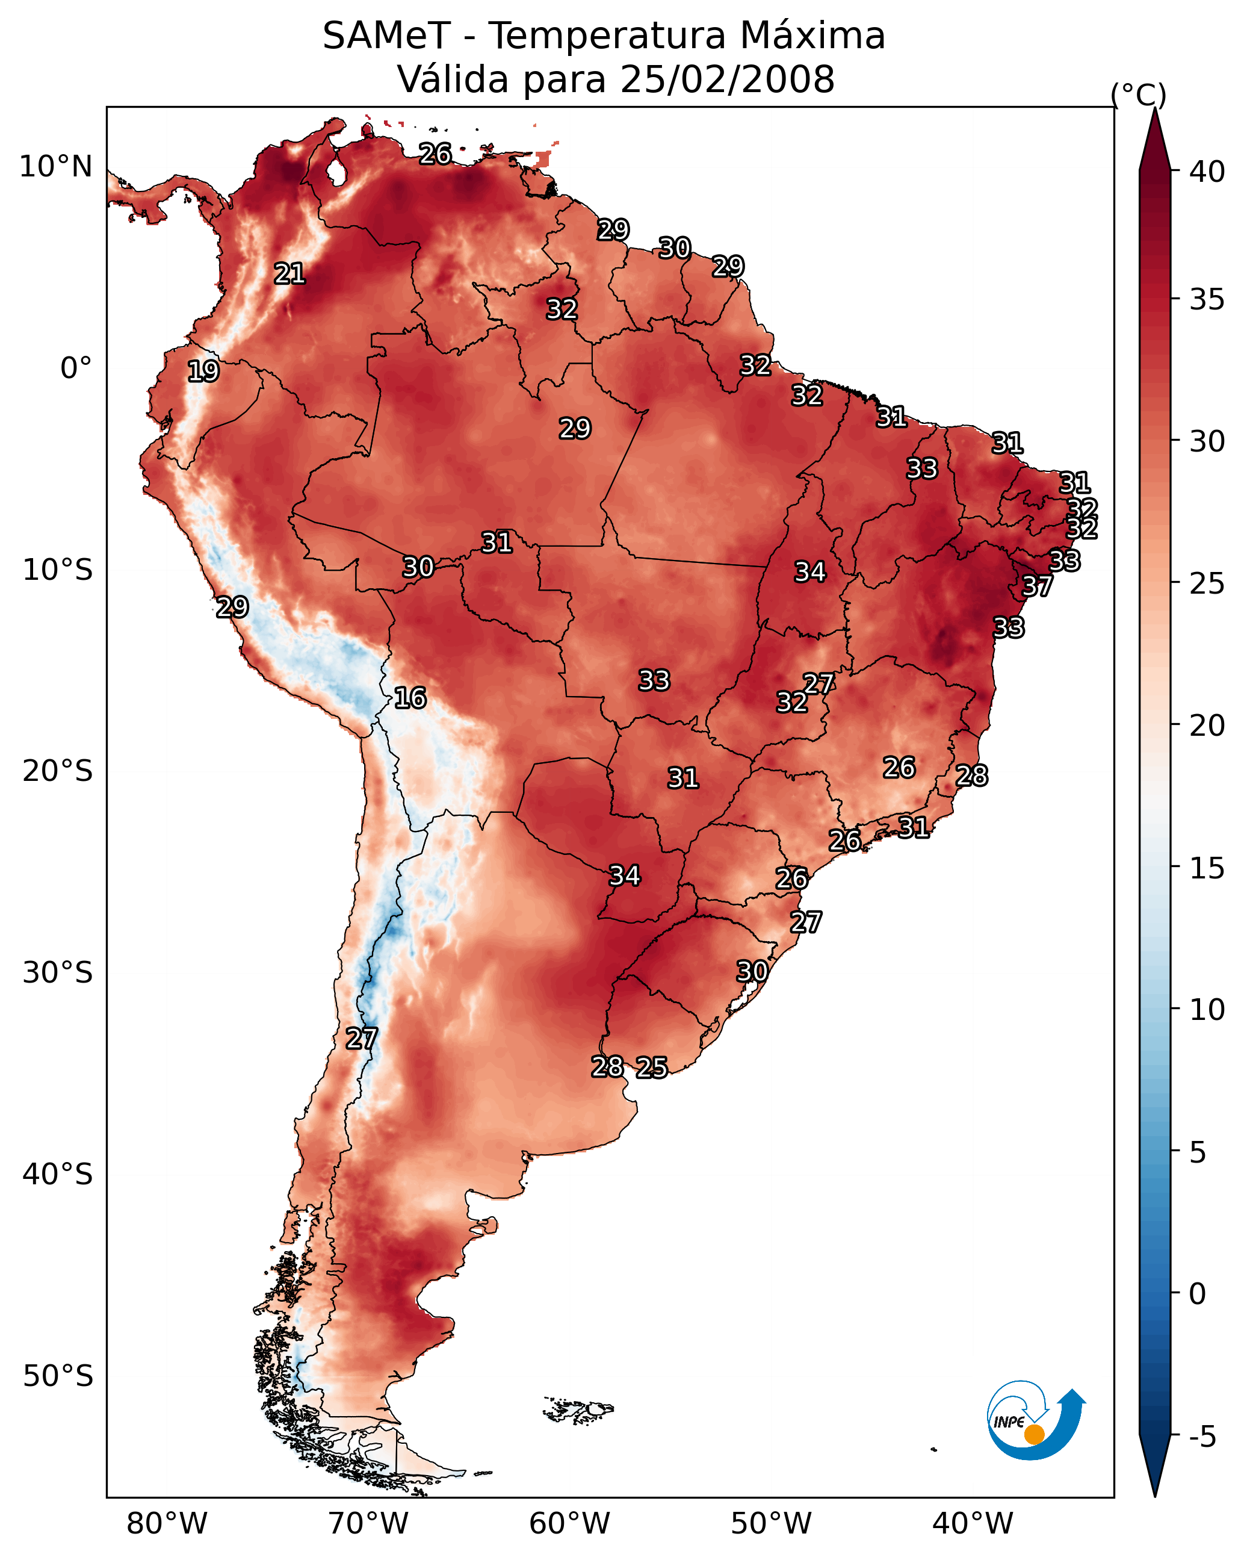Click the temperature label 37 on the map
[1037, 586]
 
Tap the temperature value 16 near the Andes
[410, 698]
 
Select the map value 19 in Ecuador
[203, 371]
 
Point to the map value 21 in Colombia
[289, 274]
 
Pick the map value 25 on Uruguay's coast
[652, 1068]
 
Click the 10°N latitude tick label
[55, 167]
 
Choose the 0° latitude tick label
[76, 368]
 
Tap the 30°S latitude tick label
[58, 973]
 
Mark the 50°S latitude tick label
[58, 1376]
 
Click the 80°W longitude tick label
[167, 1524]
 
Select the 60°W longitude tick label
[570, 1524]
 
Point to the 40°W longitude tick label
[973, 1524]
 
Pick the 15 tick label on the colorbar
[1207, 869]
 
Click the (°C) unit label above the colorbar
[1139, 95]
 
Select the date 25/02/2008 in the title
[727, 79]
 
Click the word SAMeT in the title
[386, 36]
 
